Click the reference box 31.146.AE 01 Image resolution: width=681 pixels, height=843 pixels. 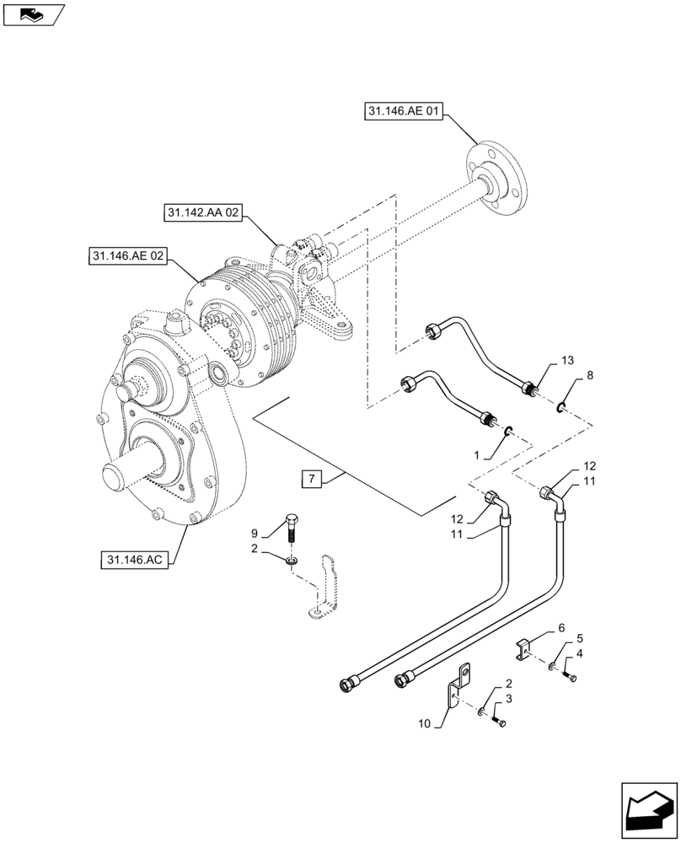tap(404, 111)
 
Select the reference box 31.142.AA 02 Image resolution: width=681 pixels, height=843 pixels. tap(202, 216)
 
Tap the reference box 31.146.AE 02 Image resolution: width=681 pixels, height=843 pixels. tap(127, 256)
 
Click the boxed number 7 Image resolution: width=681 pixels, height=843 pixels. tap(311, 480)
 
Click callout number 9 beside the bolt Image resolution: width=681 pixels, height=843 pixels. tap(254, 533)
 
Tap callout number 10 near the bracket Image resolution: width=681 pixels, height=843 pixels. tap(422, 723)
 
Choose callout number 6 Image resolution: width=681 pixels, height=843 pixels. tap(560, 628)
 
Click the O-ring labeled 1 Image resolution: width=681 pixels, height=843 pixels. tap(509, 432)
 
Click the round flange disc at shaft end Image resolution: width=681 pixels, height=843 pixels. tap(498, 179)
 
